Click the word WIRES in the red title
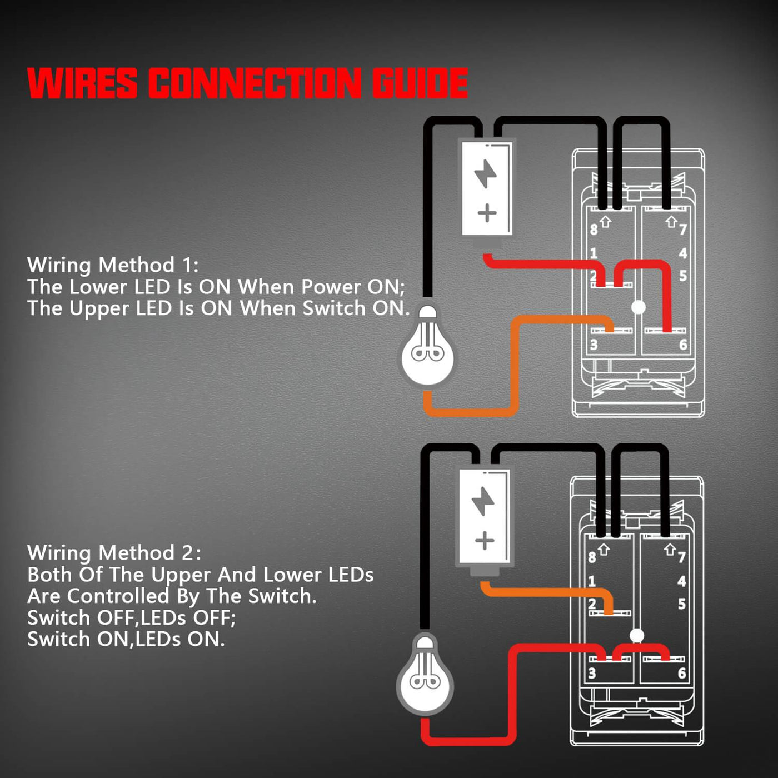pos(82,83)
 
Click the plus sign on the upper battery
pos(487,213)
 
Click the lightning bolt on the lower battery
pos(483,501)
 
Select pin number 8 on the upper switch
pos(594,229)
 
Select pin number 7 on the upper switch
pos(683,229)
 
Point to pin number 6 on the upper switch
pos(683,345)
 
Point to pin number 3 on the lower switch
pos(592,674)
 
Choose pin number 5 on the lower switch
pos(681,604)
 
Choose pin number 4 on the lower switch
pos(681,581)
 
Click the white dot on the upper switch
pos(639,307)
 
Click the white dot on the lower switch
pos(637,635)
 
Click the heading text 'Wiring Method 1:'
pos(113,265)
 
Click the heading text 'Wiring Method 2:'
pos(114,553)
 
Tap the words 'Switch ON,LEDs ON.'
pos(126,640)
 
